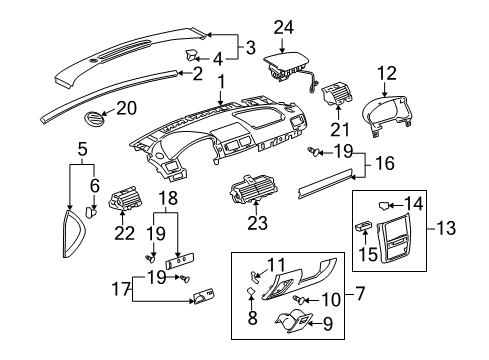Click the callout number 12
(387, 73)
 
